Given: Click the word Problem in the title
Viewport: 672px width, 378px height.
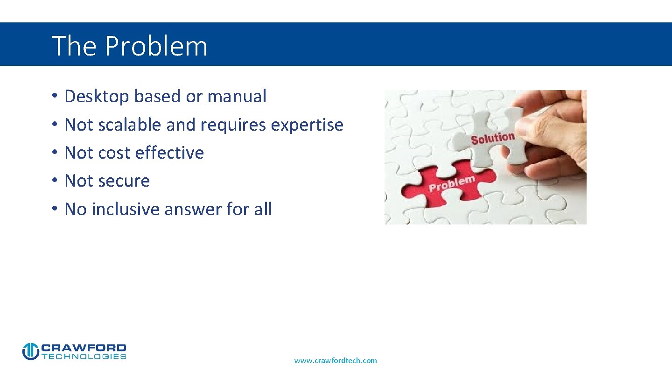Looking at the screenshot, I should point(156,46).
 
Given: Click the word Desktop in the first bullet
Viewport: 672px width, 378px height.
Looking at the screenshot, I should point(97,97).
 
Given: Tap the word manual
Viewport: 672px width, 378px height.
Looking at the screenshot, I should point(237,97).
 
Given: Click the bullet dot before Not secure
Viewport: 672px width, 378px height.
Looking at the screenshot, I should point(54,181).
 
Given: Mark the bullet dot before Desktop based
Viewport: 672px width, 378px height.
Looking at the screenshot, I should point(54,97).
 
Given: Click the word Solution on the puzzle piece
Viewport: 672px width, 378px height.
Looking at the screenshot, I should point(492,139).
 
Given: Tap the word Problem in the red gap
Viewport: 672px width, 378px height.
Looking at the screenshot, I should point(452,184).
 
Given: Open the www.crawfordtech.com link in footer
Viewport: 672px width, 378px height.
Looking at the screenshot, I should point(335,360).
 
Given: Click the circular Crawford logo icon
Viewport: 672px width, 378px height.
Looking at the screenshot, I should point(30,351).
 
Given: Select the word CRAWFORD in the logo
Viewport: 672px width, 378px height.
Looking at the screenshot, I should point(84,348).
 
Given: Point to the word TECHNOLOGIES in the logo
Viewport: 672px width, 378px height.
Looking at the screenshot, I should point(84,357).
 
